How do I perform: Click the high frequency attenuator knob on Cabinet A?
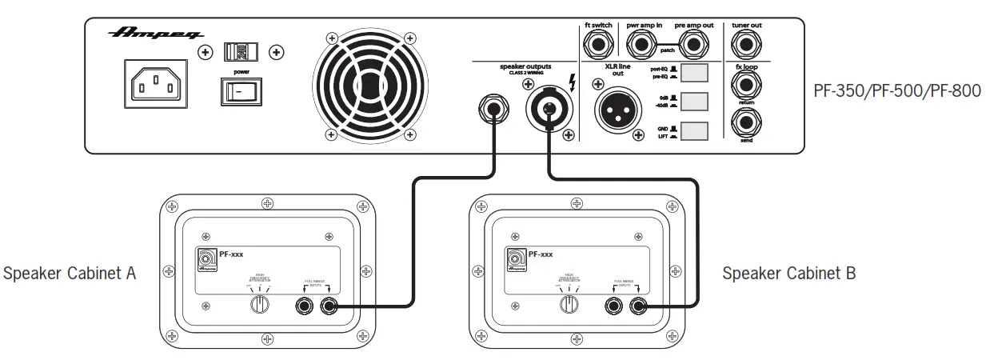[258, 303]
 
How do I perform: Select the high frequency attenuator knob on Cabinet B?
[569, 303]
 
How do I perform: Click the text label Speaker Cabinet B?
[788, 274]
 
